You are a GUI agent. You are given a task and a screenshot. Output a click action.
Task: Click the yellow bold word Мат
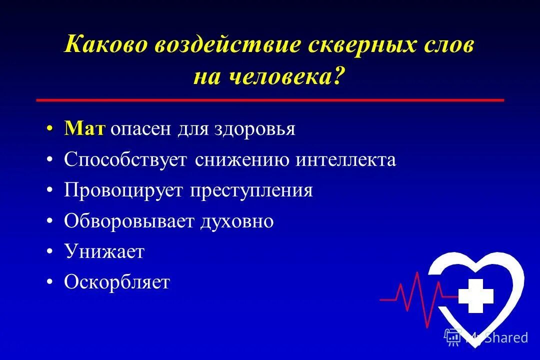point(84,129)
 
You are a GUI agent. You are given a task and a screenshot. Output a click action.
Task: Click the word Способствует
point(125,160)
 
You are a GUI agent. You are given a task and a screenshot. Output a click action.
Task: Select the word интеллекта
point(345,160)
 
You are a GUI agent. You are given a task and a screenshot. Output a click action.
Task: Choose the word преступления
point(251,191)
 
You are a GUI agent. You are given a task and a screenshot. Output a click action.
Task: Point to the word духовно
point(237,221)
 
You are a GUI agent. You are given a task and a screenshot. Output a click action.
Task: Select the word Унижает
point(104,252)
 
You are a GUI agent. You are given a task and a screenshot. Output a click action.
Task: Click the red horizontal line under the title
point(270,100)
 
